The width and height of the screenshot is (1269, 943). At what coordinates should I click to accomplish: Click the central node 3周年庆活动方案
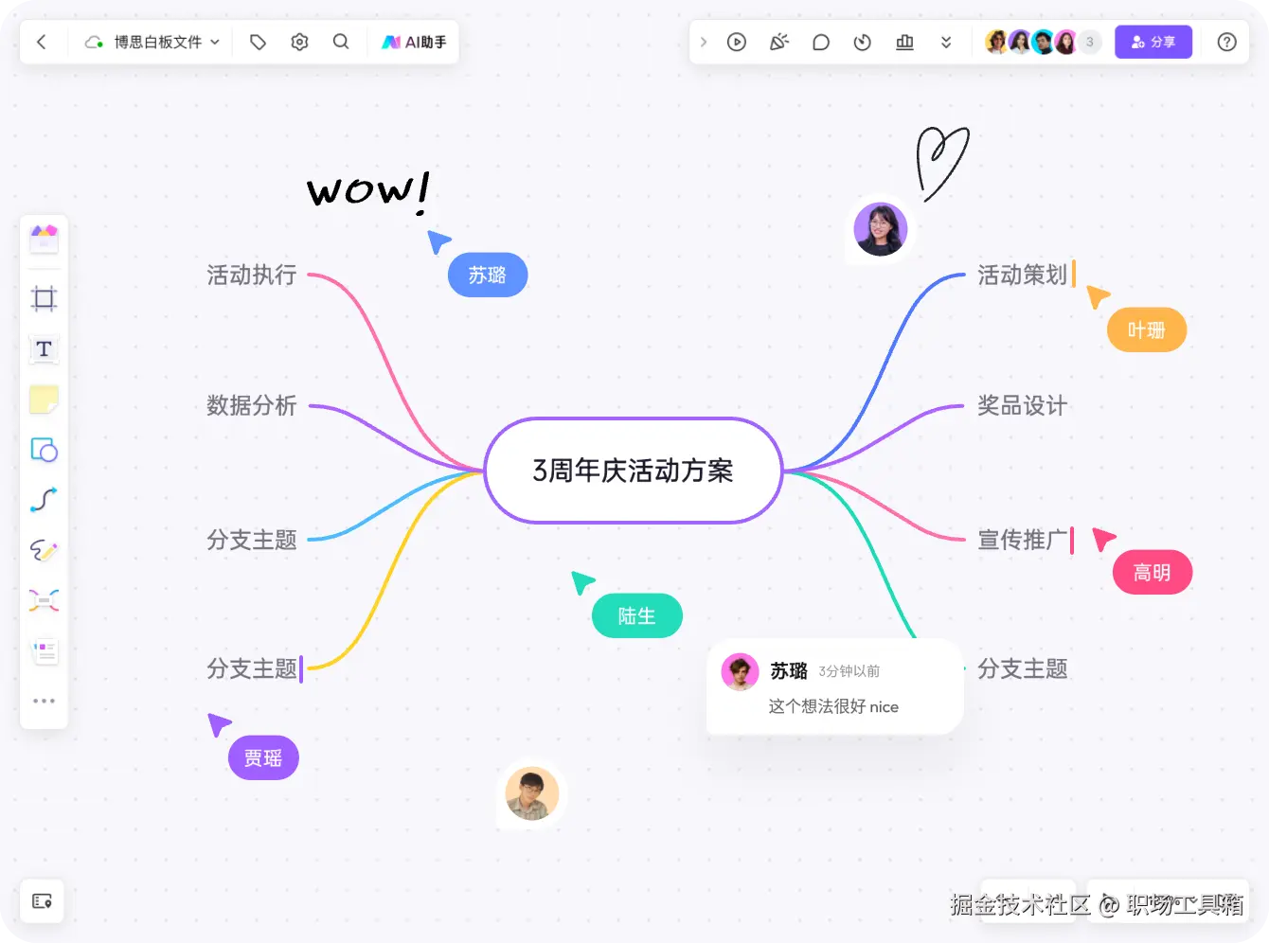633,471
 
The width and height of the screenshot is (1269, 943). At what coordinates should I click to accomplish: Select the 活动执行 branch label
252,276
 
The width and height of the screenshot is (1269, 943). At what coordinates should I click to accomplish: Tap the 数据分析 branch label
252,406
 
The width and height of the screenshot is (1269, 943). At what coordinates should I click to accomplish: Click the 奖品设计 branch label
1022,406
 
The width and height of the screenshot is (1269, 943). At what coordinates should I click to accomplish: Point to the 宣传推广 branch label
1022,541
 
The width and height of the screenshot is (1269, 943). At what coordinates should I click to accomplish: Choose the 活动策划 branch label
1022,276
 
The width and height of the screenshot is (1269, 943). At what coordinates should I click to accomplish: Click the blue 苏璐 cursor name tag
487,276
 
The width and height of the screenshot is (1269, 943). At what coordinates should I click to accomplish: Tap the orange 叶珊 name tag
1146,330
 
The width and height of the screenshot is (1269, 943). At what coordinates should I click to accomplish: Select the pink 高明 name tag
1152,573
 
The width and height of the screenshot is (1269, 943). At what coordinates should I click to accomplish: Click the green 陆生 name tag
636,616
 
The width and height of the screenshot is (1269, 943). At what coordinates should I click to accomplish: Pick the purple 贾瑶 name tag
263,758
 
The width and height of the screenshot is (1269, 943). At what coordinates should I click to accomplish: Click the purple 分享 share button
1153,43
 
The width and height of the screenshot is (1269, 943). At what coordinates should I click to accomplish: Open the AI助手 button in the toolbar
414,43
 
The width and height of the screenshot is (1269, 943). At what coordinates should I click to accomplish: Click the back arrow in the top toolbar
42,43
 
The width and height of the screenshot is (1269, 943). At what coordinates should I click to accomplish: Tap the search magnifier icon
341,43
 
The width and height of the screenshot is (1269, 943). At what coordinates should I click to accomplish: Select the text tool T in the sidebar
44,349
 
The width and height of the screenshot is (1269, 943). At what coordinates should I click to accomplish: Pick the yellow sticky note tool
44,400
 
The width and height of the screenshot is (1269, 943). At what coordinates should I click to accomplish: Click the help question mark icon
1226,43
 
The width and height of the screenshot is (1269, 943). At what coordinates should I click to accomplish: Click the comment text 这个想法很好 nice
833,707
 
